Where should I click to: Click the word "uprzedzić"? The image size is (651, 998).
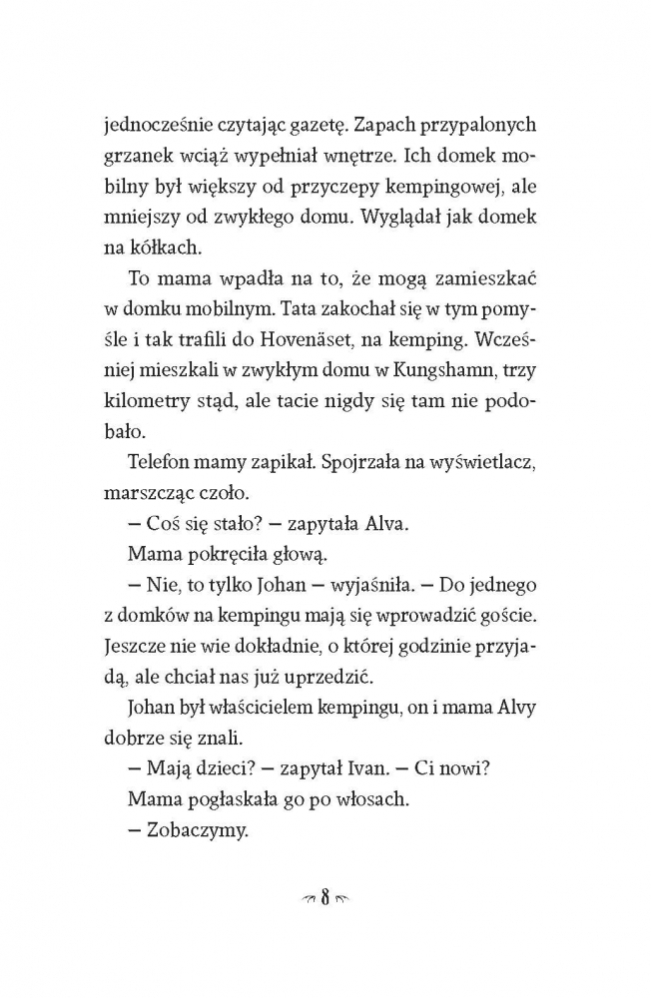click(x=327, y=677)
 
